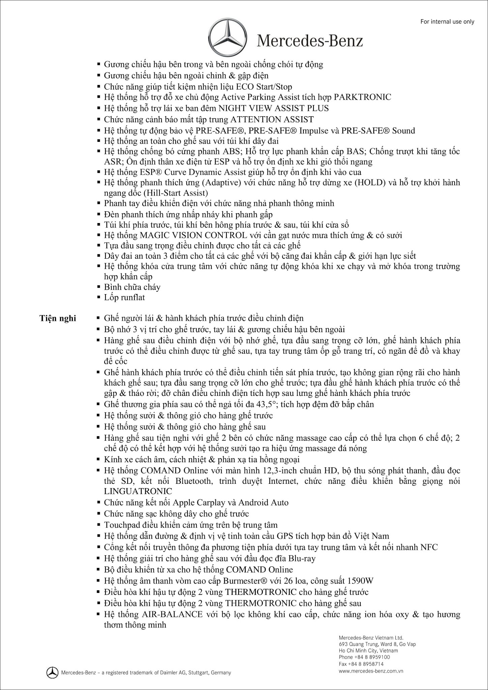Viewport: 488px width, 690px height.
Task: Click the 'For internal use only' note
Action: pyautogui.click(x=447, y=22)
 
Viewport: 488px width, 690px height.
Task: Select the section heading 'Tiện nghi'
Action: pyautogui.click(x=58, y=318)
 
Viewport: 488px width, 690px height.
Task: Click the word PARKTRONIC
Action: pyautogui.click(x=362, y=97)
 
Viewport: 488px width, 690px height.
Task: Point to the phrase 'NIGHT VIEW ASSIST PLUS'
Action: pyautogui.click(x=274, y=108)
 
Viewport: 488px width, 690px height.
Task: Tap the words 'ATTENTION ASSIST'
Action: pyautogui.click(x=272, y=120)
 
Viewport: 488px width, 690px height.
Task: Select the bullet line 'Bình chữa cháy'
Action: pyautogui.click(x=132, y=287)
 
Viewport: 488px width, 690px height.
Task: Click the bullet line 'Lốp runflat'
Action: pyautogui.click(x=124, y=297)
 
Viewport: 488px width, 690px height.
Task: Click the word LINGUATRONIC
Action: pyautogui.click(x=138, y=491)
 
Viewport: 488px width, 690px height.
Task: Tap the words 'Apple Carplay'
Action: pyautogui.click(x=199, y=503)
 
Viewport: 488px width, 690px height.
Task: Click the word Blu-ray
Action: pyautogui.click(x=302, y=558)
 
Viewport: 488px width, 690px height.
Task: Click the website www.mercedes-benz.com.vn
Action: pyautogui.click(x=371, y=670)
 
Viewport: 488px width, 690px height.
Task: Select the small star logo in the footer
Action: pyautogui.click(x=52, y=672)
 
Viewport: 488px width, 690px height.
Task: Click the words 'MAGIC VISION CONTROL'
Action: pyautogui.click(x=193, y=235)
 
